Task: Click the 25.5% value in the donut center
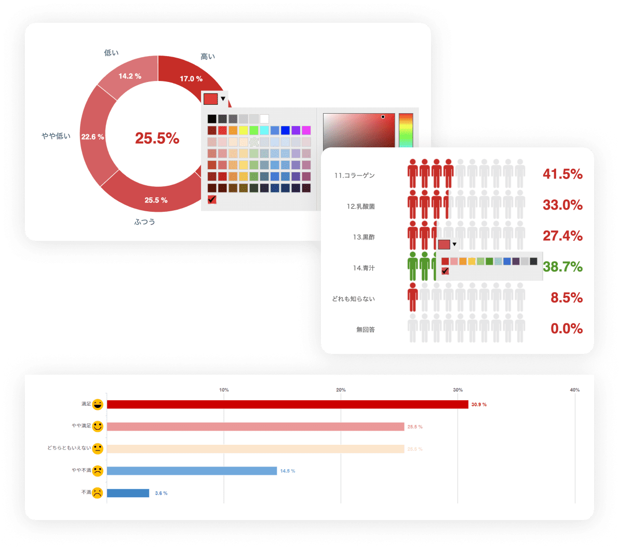tap(157, 138)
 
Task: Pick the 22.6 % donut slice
tap(93, 137)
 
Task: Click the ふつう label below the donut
tap(145, 222)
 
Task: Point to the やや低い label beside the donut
tap(56, 136)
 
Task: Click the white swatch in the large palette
tap(264, 119)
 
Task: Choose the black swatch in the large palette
tap(212, 119)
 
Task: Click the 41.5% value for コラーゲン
tap(562, 174)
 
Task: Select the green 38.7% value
tap(562, 267)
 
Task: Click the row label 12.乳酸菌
tap(360, 207)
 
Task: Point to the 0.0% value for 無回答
tap(566, 329)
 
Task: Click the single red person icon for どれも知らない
tap(413, 297)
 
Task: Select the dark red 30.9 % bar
tap(287, 404)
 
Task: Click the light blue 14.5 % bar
tap(192, 471)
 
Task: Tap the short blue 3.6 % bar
tap(128, 493)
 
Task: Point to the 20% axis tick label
tap(341, 390)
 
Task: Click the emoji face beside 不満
tap(97, 493)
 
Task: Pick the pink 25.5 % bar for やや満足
tap(255, 427)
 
